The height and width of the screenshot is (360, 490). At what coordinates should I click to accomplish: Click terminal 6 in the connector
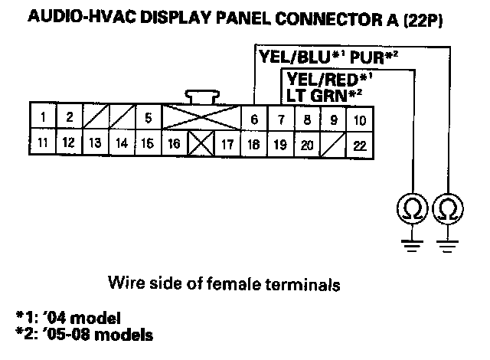tap(253, 119)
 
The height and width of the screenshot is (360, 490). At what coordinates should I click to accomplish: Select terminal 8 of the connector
tap(307, 119)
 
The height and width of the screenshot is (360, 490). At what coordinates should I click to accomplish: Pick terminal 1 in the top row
tap(45, 117)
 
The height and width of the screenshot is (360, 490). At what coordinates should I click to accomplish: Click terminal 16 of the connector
tap(174, 143)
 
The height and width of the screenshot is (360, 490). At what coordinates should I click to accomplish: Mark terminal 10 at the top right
tap(360, 119)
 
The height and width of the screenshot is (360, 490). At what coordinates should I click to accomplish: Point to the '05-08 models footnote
tap(88, 335)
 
